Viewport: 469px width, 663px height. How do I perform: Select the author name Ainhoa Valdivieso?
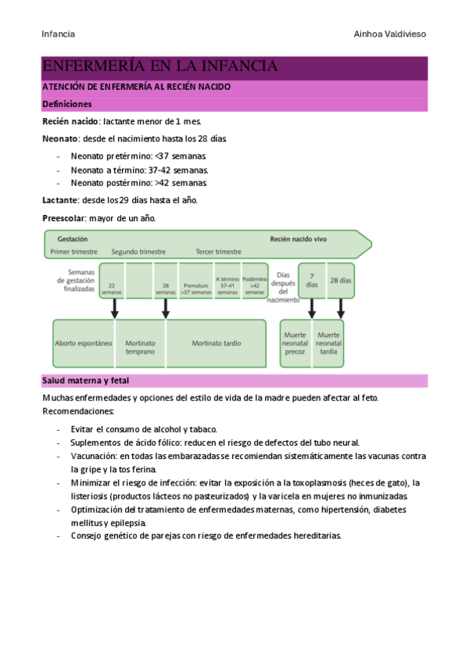tap(390, 34)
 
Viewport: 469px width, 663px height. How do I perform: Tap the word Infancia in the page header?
tap(58, 34)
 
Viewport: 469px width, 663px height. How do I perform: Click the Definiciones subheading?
tap(66, 104)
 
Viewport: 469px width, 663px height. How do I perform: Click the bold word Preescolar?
tap(63, 218)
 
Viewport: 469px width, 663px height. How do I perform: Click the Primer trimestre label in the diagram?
tap(73, 252)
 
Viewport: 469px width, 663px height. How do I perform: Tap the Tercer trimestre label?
tap(219, 252)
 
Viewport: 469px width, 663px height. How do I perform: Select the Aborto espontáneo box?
tap(84, 343)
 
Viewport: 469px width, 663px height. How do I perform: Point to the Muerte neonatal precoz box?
tap(296, 343)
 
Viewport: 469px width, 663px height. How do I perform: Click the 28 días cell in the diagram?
tap(340, 280)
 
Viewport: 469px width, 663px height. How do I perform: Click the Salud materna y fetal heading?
tap(85, 381)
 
